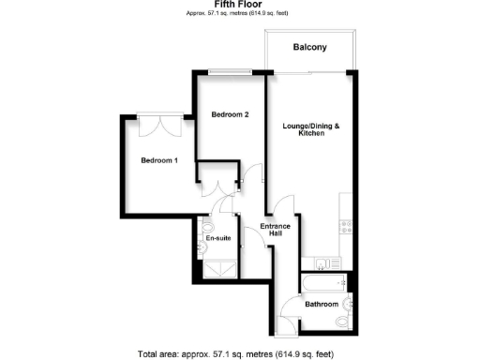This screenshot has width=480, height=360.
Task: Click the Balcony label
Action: click(x=308, y=47)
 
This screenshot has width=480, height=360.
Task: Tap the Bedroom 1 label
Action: click(x=158, y=160)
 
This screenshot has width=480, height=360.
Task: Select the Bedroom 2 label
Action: click(x=230, y=115)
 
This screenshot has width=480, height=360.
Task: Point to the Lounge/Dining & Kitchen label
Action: click(x=311, y=130)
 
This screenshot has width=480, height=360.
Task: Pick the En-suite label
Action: click(x=218, y=238)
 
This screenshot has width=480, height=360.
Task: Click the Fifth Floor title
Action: click(x=239, y=6)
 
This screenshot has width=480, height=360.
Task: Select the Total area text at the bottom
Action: click(x=239, y=353)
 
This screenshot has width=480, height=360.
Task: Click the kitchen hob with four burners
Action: click(x=345, y=226)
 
